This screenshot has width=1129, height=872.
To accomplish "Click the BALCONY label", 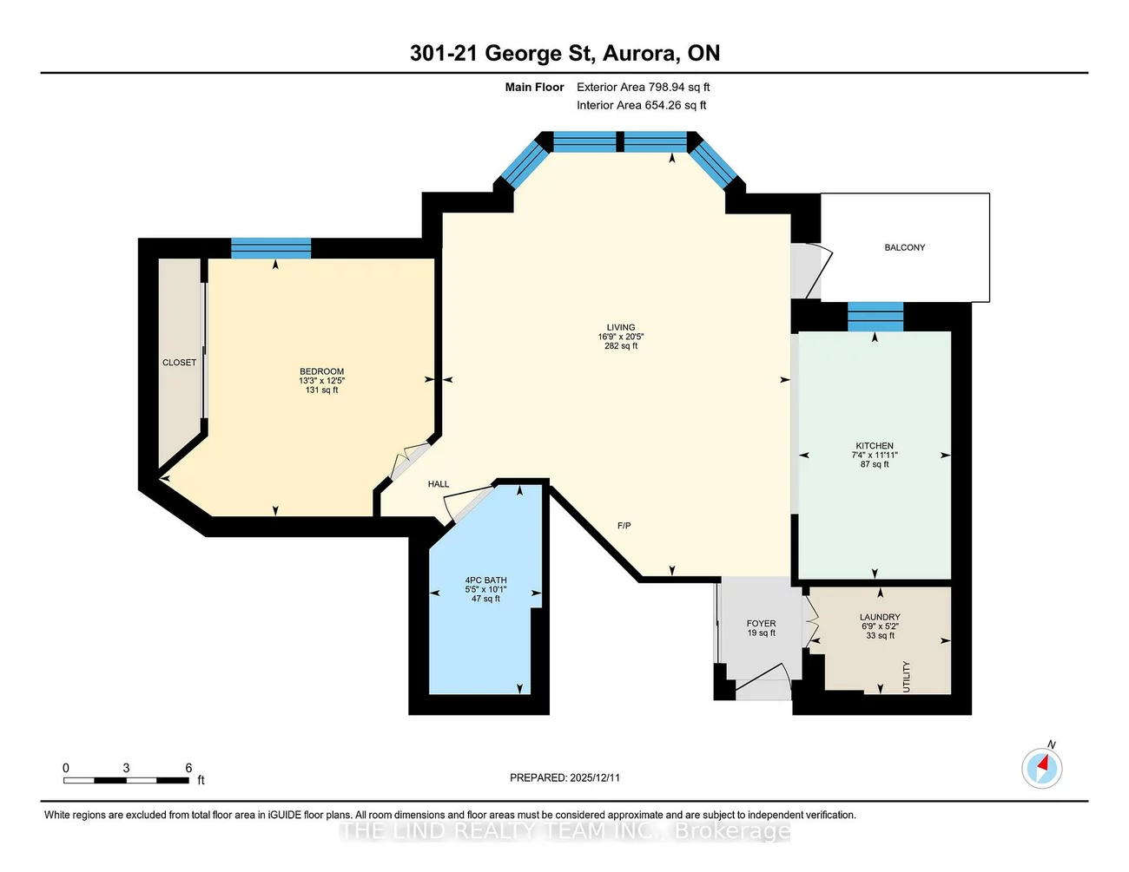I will pos(904,247).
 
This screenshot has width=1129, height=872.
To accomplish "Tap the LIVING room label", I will pos(620,327).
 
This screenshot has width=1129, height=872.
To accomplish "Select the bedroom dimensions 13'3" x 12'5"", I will pos(321,381).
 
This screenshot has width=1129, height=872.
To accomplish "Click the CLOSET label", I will pos(179,363).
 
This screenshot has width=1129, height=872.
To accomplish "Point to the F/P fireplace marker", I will pos(624,526).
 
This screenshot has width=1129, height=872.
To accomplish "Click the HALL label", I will pos(439,484).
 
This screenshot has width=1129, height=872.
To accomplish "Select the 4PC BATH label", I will pos(485,580).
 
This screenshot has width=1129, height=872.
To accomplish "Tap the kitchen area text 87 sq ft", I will pos(874,464).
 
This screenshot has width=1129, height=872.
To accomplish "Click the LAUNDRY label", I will pos(879,617).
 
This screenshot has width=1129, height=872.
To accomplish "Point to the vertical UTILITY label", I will pos(907,676).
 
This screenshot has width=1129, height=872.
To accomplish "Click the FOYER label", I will pos(761,623).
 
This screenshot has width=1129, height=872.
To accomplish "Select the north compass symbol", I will pos(1041,768).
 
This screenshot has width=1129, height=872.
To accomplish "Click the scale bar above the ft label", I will pos(126,781).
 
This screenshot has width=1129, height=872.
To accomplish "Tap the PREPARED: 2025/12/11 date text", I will pos(564,777).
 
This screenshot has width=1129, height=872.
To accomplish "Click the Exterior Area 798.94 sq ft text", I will pos(643,87).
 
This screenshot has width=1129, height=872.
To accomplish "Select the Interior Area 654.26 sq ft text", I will pos(641,105).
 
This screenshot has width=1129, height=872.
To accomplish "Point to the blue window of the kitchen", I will pos(875,317).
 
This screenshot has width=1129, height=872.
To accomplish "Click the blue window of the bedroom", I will pos(271,248).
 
